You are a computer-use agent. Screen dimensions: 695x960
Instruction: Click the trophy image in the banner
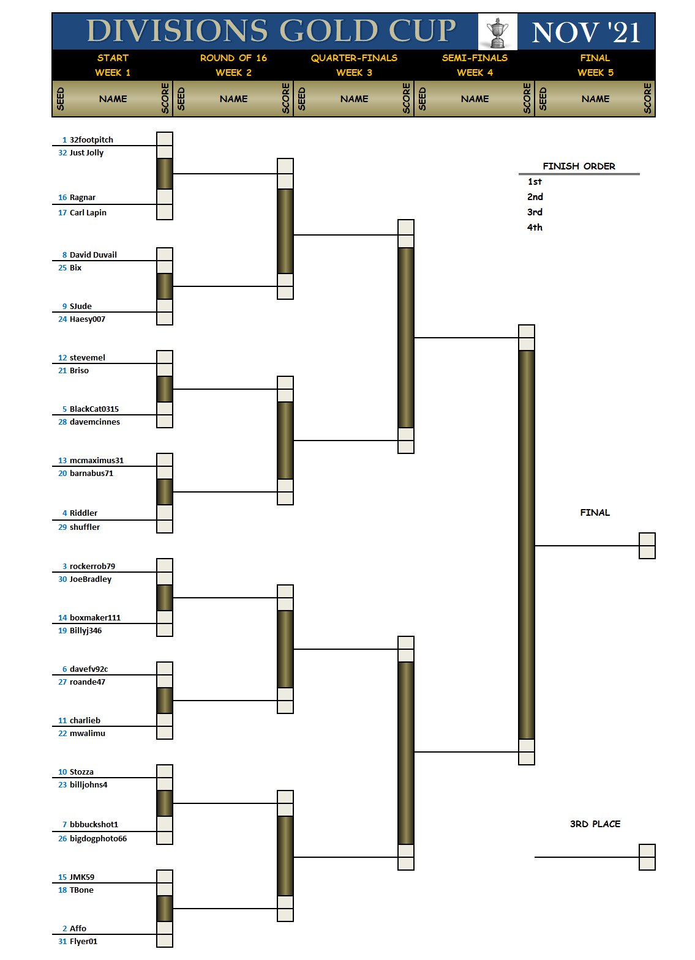497,32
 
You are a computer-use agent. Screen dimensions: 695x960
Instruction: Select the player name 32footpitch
91,140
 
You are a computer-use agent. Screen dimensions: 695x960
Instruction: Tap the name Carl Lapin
88,212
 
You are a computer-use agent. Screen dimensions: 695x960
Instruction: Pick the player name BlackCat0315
94,409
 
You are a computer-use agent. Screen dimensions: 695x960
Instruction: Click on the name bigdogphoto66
98,838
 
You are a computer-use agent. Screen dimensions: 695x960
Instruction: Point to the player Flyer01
84,941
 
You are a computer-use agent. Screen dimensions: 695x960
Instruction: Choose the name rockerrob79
92,566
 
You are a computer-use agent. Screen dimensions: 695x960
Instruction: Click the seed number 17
62,212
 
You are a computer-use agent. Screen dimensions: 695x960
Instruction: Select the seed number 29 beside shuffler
62,527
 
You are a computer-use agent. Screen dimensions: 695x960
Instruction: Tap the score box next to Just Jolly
165,152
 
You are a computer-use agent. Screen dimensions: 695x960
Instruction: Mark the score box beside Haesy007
165,318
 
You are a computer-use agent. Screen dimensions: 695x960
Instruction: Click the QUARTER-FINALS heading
354,58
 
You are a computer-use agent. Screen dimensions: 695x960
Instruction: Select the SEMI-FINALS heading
475,58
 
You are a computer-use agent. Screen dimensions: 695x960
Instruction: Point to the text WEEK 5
595,72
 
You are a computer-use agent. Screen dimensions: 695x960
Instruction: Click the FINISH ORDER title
579,166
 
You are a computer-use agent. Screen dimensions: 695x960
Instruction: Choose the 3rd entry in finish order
535,212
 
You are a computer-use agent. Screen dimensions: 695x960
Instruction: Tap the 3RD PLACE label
595,824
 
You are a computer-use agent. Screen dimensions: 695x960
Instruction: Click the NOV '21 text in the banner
586,32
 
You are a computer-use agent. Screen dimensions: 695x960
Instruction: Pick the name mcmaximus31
97,460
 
